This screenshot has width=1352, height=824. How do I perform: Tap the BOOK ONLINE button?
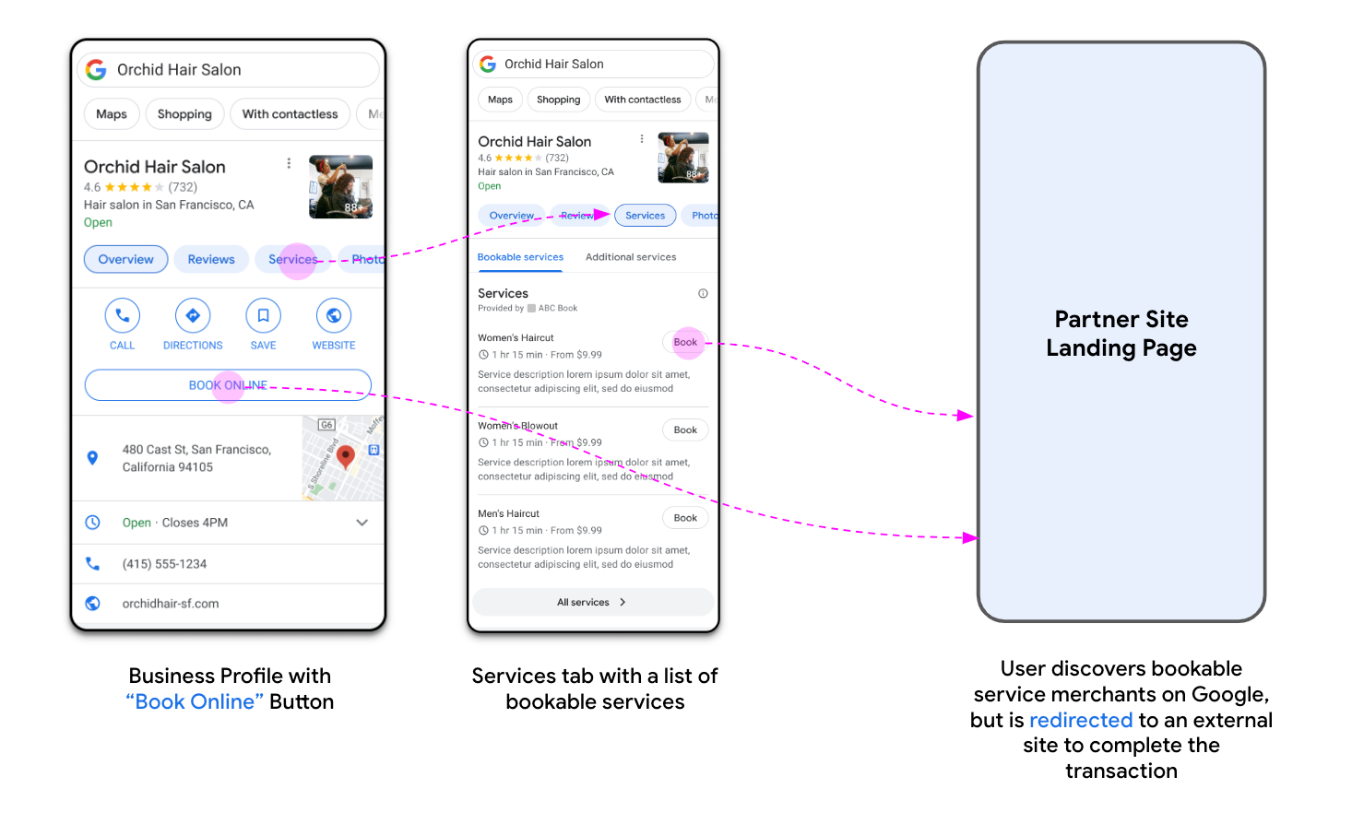(x=228, y=385)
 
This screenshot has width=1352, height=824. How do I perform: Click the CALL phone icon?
(x=122, y=315)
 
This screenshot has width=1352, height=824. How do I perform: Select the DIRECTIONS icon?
(x=193, y=315)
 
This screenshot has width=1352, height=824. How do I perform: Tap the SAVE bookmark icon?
(x=263, y=315)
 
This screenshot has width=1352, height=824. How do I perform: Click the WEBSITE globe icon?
(x=334, y=315)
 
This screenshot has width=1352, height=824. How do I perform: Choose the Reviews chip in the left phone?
(x=210, y=259)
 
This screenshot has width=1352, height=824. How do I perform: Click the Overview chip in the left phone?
(x=125, y=259)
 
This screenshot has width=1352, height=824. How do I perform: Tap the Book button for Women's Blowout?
(x=685, y=430)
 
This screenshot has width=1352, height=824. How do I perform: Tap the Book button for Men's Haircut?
(x=685, y=518)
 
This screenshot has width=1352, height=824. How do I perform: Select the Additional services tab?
(x=631, y=257)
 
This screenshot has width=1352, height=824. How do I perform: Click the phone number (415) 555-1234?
(x=164, y=564)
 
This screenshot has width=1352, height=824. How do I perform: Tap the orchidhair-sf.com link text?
(x=171, y=604)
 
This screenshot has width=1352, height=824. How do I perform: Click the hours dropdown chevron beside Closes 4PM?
(x=362, y=523)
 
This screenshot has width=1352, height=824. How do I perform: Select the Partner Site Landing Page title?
(x=1121, y=334)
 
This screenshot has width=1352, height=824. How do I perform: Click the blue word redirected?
(x=1080, y=720)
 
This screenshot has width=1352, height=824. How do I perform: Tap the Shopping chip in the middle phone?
(x=558, y=100)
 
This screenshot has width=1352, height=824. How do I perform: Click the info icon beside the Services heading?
(x=703, y=294)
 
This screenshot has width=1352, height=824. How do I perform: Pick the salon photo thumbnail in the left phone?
(x=340, y=187)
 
